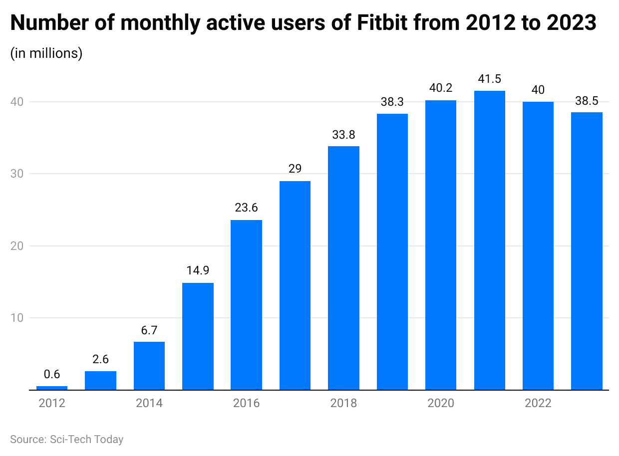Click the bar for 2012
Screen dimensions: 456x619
click(52, 388)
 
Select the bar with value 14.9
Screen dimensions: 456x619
click(198, 336)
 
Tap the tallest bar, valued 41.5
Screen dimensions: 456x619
click(489, 240)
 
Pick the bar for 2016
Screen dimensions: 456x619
click(246, 305)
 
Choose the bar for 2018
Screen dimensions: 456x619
click(343, 268)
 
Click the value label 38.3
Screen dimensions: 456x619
click(392, 102)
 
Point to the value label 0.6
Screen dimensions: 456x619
click(52, 374)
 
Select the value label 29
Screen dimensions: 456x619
click(295, 169)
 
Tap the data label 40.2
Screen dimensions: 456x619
click(441, 88)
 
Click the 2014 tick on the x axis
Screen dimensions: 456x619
click(149, 403)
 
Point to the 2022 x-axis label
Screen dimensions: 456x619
click(538, 403)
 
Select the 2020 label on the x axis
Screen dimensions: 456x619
click(441, 403)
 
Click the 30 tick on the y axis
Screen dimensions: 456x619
click(18, 174)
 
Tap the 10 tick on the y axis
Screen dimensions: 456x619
click(18, 318)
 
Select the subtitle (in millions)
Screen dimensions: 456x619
click(46, 53)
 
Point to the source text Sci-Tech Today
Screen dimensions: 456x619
click(86, 439)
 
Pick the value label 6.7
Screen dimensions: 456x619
click(149, 330)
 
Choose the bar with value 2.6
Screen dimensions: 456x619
click(100, 380)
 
